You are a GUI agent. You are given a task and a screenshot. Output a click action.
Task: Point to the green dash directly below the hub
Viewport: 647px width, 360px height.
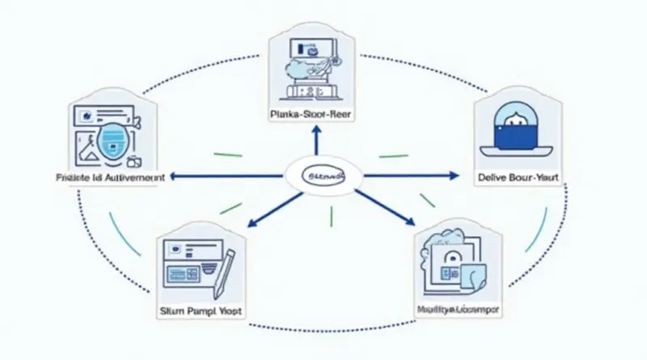pyautogui.click(x=331, y=216)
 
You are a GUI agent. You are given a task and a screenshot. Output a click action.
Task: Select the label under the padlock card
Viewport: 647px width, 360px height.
pyautogui.click(x=458, y=309)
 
